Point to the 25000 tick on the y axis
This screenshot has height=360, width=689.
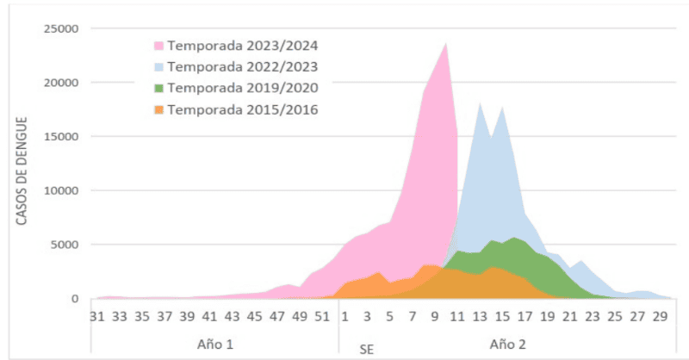click(x=60, y=28)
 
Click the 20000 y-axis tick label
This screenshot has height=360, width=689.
click(x=60, y=83)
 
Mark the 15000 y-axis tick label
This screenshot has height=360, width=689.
click(x=60, y=137)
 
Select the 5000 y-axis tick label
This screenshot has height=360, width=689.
click(x=64, y=245)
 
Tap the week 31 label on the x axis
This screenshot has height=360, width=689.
click(x=97, y=315)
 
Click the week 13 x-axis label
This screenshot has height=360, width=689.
click(x=479, y=315)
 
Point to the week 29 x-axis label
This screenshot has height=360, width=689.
click(x=659, y=315)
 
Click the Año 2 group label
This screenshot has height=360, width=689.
click(x=508, y=344)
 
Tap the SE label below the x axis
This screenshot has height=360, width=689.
click(x=367, y=348)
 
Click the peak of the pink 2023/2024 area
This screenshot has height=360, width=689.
click(x=446, y=43)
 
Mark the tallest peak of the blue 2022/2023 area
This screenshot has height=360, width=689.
click(x=480, y=103)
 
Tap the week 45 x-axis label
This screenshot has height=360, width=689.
click(x=255, y=315)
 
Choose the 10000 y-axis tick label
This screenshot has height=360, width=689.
click(x=60, y=190)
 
